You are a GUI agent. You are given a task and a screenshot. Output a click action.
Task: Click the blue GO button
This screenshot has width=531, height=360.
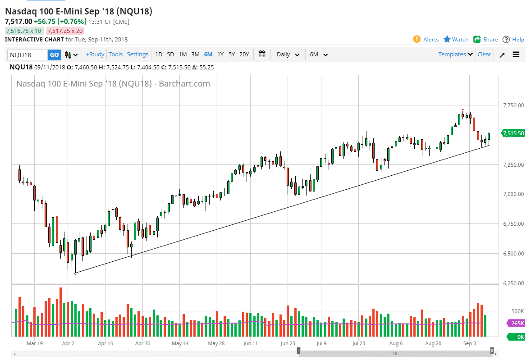click(54, 55)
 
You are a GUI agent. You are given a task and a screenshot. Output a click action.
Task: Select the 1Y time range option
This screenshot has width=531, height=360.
click(220, 55)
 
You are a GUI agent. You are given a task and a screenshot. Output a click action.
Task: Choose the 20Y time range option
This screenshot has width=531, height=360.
click(244, 55)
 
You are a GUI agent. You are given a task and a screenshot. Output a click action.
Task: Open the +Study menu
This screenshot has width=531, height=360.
click(95, 55)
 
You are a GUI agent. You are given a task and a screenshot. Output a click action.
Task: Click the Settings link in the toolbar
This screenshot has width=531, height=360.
click(137, 55)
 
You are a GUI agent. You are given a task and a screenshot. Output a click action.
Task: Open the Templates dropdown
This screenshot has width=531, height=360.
click(455, 55)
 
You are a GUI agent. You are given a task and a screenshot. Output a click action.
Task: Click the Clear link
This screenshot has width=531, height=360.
click(484, 55)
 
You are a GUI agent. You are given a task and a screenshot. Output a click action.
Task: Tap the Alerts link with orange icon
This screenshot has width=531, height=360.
click(426, 40)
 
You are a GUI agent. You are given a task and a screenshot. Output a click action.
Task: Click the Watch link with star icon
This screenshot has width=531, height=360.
click(456, 40)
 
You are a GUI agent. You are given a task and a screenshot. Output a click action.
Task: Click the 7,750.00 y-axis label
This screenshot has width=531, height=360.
click(513, 105)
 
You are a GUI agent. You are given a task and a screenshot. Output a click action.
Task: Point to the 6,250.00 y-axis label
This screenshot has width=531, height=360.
click(513, 283)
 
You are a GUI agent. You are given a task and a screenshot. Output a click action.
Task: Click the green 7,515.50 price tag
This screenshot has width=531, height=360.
click(514, 133)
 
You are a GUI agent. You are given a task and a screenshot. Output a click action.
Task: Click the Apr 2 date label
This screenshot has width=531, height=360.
click(69, 343)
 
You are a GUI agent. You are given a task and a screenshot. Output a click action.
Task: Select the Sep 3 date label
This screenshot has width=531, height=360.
click(470, 343)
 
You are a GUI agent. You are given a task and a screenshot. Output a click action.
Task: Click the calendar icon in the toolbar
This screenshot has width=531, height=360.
click(262, 55)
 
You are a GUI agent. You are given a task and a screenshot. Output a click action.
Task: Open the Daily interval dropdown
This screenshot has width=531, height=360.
click(288, 55)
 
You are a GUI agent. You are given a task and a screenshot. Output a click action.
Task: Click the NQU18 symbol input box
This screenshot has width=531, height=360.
click(27, 55)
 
